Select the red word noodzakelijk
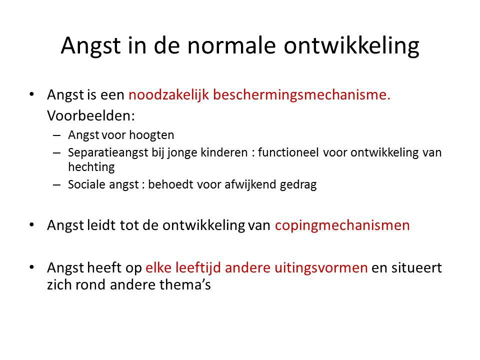pyautogui.click(x=168, y=95)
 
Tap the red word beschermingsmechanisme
pyautogui.click(x=301, y=95)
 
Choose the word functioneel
pyautogui.click(x=288, y=152)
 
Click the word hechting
pyautogui.click(x=91, y=167)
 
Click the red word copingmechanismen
pyautogui.click(x=342, y=225)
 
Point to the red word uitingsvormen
pyautogui.click(x=321, y=268)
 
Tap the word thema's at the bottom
pyautogui.click(x=185, y=284)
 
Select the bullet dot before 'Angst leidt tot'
pyautogui.click(x=31, y=225)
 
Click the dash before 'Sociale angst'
pyautogui.click(x=56, y=185)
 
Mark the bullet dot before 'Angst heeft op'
pyautogui.click(x=31, y=267)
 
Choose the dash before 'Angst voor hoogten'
pyautogui.click(x=56, y=135)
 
